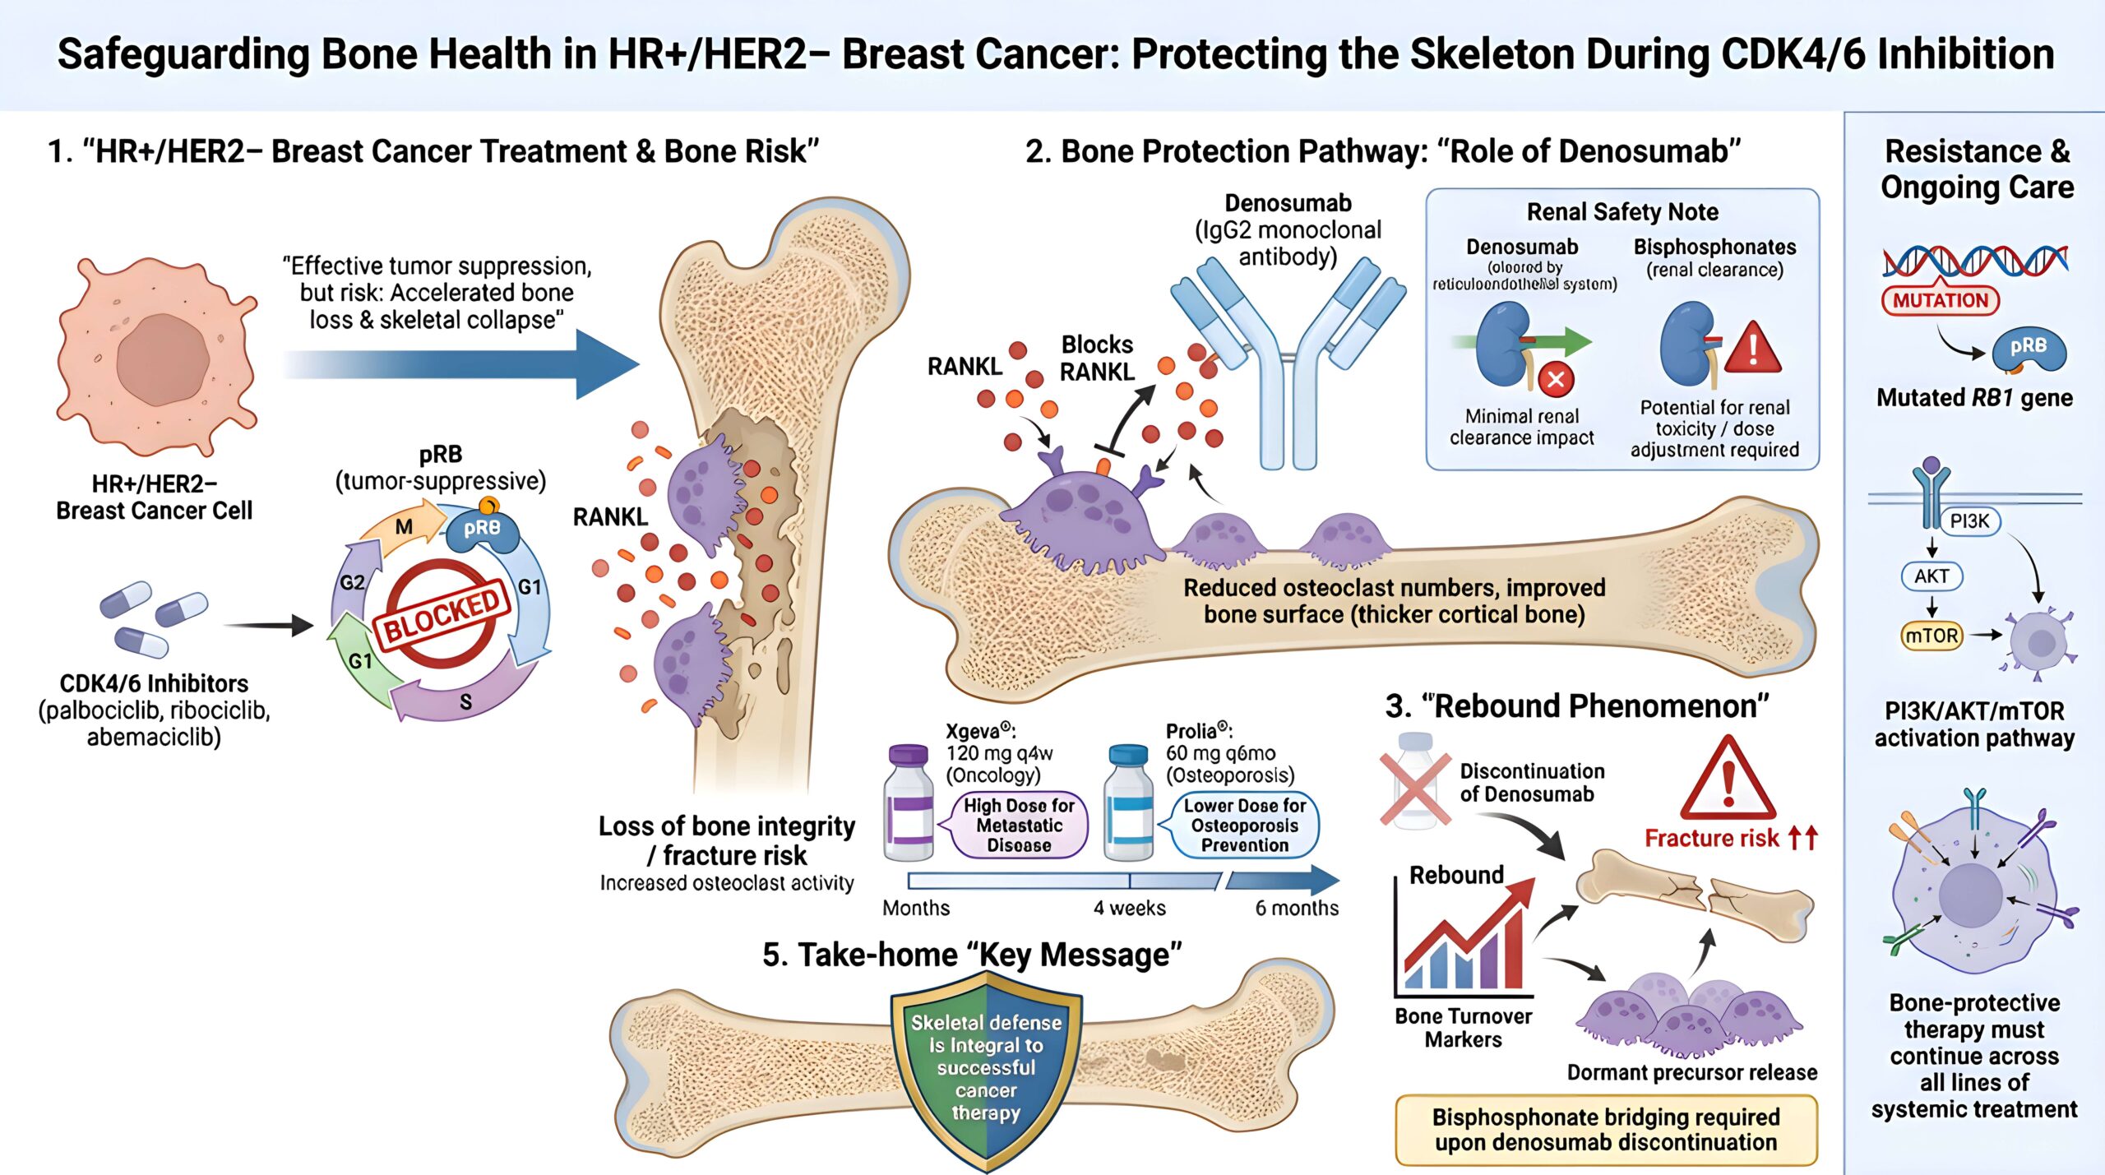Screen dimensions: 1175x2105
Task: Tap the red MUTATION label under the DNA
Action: coord(1940,301)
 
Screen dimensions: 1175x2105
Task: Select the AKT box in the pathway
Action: coord(1932,576)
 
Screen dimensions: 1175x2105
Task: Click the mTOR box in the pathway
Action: coord(1932,636)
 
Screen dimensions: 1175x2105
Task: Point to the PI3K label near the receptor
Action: coord(1969,521)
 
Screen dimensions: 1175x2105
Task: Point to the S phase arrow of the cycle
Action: coord(465,700)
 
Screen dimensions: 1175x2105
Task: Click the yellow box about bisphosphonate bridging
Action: coord(1605,1130)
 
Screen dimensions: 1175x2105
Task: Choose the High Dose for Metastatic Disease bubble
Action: coord(1019,825)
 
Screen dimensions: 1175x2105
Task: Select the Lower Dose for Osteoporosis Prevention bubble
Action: coord(1244,825)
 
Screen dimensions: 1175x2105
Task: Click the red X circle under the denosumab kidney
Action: coord(1556,380)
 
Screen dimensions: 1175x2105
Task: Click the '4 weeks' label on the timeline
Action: coord(1129,908)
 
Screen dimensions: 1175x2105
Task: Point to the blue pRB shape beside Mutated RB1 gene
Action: coord(2028,349)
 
